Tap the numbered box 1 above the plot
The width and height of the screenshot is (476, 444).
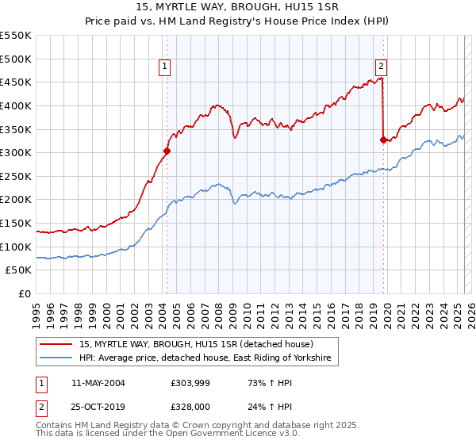click(165, 67)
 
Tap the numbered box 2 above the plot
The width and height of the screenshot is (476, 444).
click(382, 67)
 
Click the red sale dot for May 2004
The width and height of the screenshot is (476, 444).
click(167, 151)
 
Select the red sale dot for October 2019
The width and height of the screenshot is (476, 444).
click(383, 140)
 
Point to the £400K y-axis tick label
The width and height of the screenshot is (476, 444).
click(16, 105)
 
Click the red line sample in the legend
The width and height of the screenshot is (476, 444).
click(57, 344)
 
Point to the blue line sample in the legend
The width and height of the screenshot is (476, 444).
click(57, 359)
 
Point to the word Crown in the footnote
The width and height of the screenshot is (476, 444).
click(194, 426)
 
